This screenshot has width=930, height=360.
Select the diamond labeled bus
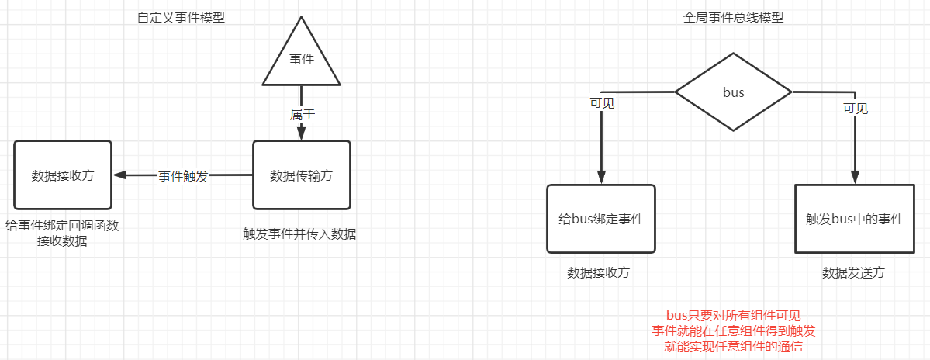pyautogui.click(x=733, y=92)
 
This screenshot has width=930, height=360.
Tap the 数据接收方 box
pyautogui.click(x=63, y=175)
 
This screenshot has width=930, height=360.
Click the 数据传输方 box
pyautogui.click(x=302, y=175)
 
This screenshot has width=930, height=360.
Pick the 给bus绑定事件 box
pyautogui.click(x=601, y=219)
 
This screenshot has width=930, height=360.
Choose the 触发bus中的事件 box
pyautogui.click(x=855, y=219)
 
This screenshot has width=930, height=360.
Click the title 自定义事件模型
pyautogui.click(x=181, y=17)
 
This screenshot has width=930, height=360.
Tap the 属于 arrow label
pyautogui.click(x=303, y=113)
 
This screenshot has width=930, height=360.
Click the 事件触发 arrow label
pyautogui.click(x=183, y=176)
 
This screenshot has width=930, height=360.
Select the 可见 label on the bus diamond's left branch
pyautogui.click(x=602, y=102)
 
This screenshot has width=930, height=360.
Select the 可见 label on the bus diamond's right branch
pyautogui.click(x=856, y=108)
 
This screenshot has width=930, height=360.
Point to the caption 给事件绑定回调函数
pyautogui.click(x=62, y=225)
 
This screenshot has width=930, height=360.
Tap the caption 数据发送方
pyautogui.click(x=853, y=273)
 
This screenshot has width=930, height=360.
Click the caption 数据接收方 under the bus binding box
pyautogui.click(x=598, y=273)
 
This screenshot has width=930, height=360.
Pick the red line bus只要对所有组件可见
pyautogui.click(x=733, y=316)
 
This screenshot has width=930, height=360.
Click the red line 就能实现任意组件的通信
pyautogui.click(x=733, y=347)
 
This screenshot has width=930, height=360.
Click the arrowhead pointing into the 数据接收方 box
pyautogui.click(x=119, y=175)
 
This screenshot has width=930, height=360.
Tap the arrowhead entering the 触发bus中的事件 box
pyautogui.click(x=855, y=178)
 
